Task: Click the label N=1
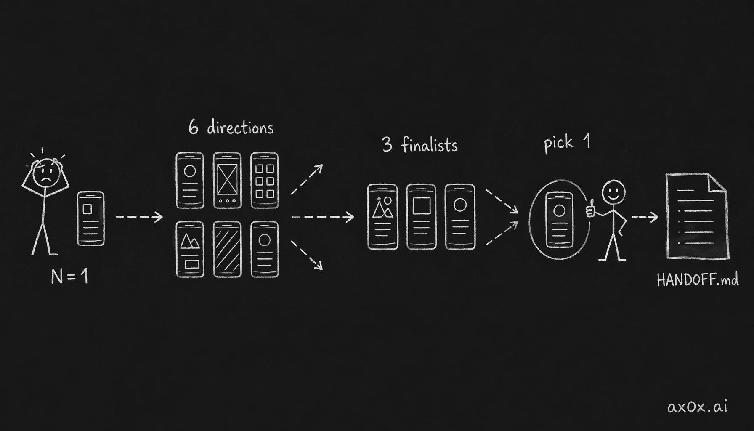tap(69, 277)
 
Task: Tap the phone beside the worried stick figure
tap(91, 218)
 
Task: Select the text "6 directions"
tap(231, 127)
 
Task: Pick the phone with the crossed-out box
tap(227, 180)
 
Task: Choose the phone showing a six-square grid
tap(265, 180)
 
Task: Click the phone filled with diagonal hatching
tap(227, 249)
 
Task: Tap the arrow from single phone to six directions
tap(139, 217)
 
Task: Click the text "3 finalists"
tap(420, 145)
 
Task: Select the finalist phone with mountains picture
tap(382, 217)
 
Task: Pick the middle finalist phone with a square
tap(422, 217)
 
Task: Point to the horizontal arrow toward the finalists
tap(323, 217)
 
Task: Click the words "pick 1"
tap(567, 143)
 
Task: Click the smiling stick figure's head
tap(613, 193)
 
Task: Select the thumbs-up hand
tap(591, 208)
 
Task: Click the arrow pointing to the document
tap(645, 217)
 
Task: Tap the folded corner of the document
tap(718, 183)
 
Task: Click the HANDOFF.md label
tap(698, 280)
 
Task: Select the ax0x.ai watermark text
tap(697, 407)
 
